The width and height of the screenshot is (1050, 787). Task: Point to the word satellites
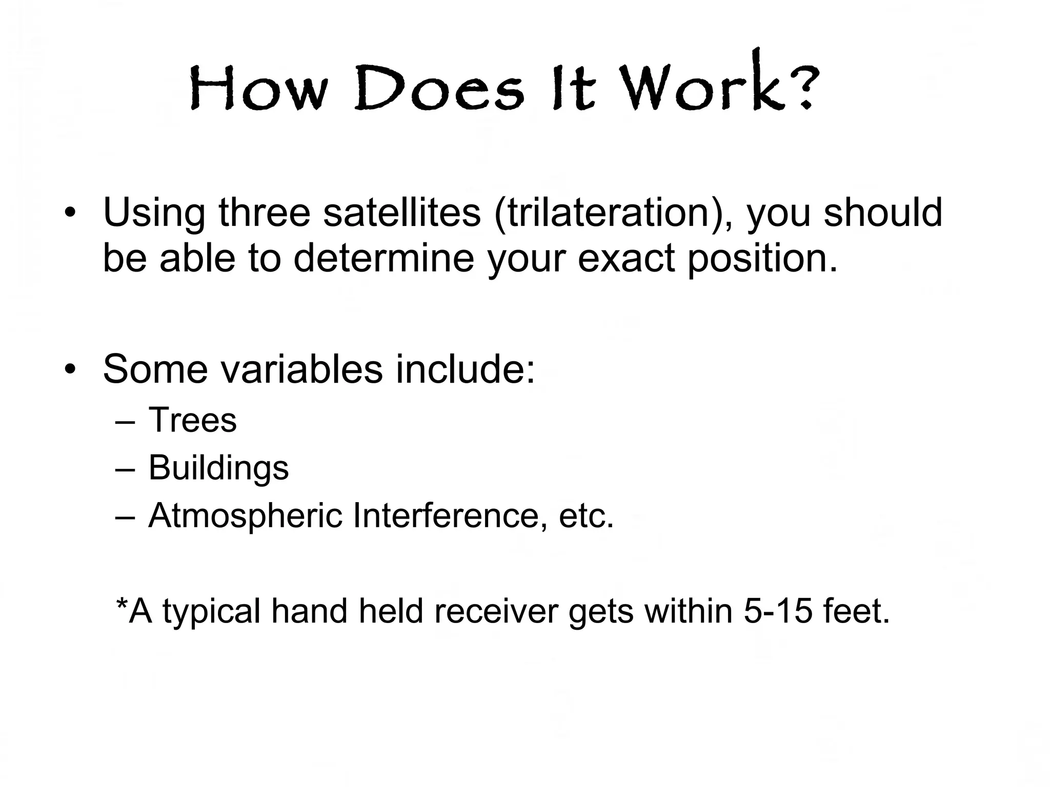pos(402,212)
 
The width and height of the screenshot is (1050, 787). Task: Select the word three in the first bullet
pos(265,212)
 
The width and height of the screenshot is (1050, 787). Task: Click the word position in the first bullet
pos(761,258)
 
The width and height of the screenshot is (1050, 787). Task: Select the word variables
pos(302,369)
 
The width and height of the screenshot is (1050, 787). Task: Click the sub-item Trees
pos(192,420)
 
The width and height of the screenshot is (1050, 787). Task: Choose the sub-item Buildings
pos(218,468)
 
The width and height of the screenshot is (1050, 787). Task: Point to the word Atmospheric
pos(245,516)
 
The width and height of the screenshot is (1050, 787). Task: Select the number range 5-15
pos(778,611)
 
